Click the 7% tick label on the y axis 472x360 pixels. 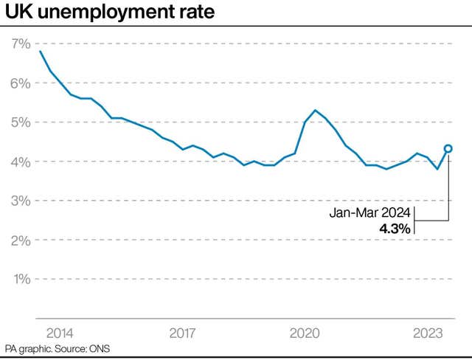21,44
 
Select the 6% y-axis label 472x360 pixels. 21,83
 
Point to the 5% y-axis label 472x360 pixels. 21,122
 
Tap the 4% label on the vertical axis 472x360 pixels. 21,162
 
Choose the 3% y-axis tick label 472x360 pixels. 21,201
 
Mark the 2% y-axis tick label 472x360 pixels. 21,240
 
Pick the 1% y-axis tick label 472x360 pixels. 21,279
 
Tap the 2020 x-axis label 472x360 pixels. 305,333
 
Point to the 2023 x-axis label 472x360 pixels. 427,333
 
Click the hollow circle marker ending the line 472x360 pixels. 448,148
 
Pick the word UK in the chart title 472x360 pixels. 16,13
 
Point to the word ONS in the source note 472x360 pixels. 98,348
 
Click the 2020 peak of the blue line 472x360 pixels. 315,110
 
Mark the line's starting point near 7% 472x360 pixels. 40,51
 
